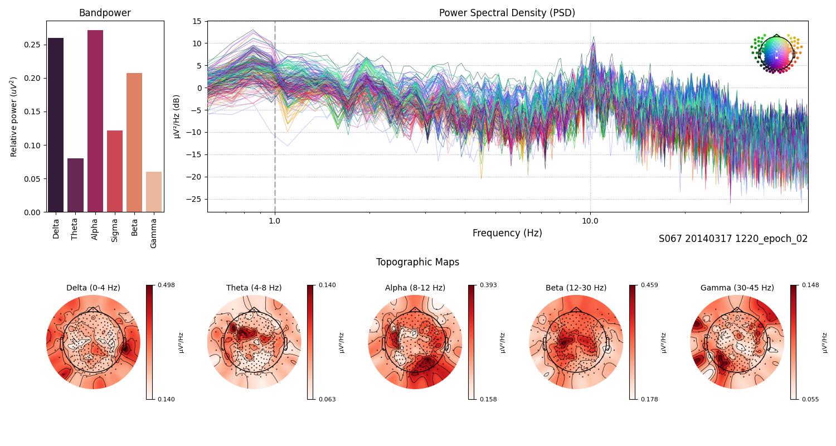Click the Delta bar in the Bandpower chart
[x=56, y=125]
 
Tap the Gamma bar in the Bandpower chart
[x=154, y=192]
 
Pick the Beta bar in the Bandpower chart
[x=134, y=143]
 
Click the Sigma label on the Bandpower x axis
[x=115, y=229]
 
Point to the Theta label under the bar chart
[x=75, y=229]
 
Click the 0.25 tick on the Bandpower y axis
[x=32, y=45]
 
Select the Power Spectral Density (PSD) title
[x=507, y=13]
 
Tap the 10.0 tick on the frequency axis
[x=590, y=221]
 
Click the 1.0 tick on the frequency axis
[x=274, y=221]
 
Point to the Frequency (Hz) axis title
[x=507, y=233]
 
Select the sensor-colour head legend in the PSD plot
[x=776, y=53]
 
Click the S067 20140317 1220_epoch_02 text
[x=733, y=239]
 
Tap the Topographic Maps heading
[x=417, y=262]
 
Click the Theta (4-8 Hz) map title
[x=254, y=288]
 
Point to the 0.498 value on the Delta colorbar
[x=166, y=285]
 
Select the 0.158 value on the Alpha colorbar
[x=488, y=399]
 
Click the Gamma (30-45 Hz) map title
[x=737, y=288]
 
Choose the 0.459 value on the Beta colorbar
[x=649, y=285]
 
